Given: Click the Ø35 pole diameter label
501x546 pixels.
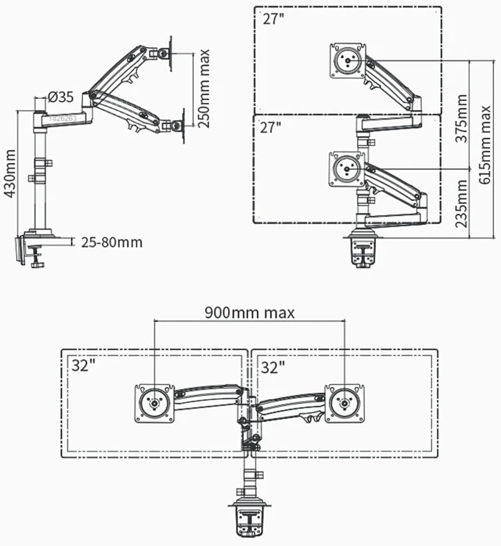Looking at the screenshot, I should [x=61, y=97].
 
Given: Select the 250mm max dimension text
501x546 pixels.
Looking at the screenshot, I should [x=204, y=88].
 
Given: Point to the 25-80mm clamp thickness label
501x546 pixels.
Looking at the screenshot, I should [x=112, y=242].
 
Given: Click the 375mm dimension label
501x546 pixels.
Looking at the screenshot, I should [x=461, y=118].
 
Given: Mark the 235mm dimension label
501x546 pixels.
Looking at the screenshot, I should [x=461, y=203].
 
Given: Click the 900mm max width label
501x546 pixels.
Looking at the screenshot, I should [x=250, y=313].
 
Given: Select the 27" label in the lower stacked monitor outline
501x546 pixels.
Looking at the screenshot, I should [x=270, y=128].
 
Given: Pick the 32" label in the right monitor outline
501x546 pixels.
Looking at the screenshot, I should [x=273, y=367].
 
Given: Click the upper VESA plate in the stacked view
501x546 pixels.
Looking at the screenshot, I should [x=348, y=60].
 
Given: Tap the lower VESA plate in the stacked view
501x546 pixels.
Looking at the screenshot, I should [x=347, y=169].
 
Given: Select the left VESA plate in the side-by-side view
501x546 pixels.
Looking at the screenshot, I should [x=154, y=403].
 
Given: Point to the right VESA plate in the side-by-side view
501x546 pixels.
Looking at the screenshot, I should [x=345, y=403].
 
